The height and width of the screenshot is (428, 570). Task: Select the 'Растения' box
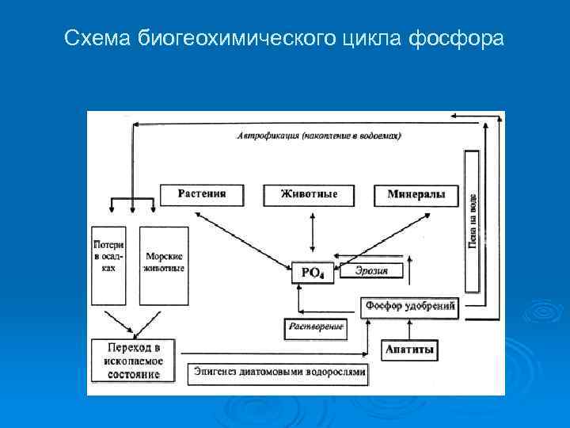click(x=202, y=195)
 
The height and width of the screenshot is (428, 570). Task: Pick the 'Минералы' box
click(x=416, y=195)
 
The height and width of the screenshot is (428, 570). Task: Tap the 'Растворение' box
click(x=315, y=327)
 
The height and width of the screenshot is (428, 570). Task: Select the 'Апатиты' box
click(x=410, y=349)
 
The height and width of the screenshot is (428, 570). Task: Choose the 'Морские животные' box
click(x=164, y=265)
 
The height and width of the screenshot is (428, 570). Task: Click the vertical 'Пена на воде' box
click(x=472, y=222)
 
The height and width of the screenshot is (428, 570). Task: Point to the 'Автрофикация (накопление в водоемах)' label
click(x=319, y=136)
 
